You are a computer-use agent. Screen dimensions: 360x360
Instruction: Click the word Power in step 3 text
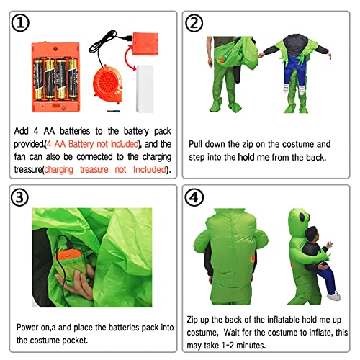point(27,328)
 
